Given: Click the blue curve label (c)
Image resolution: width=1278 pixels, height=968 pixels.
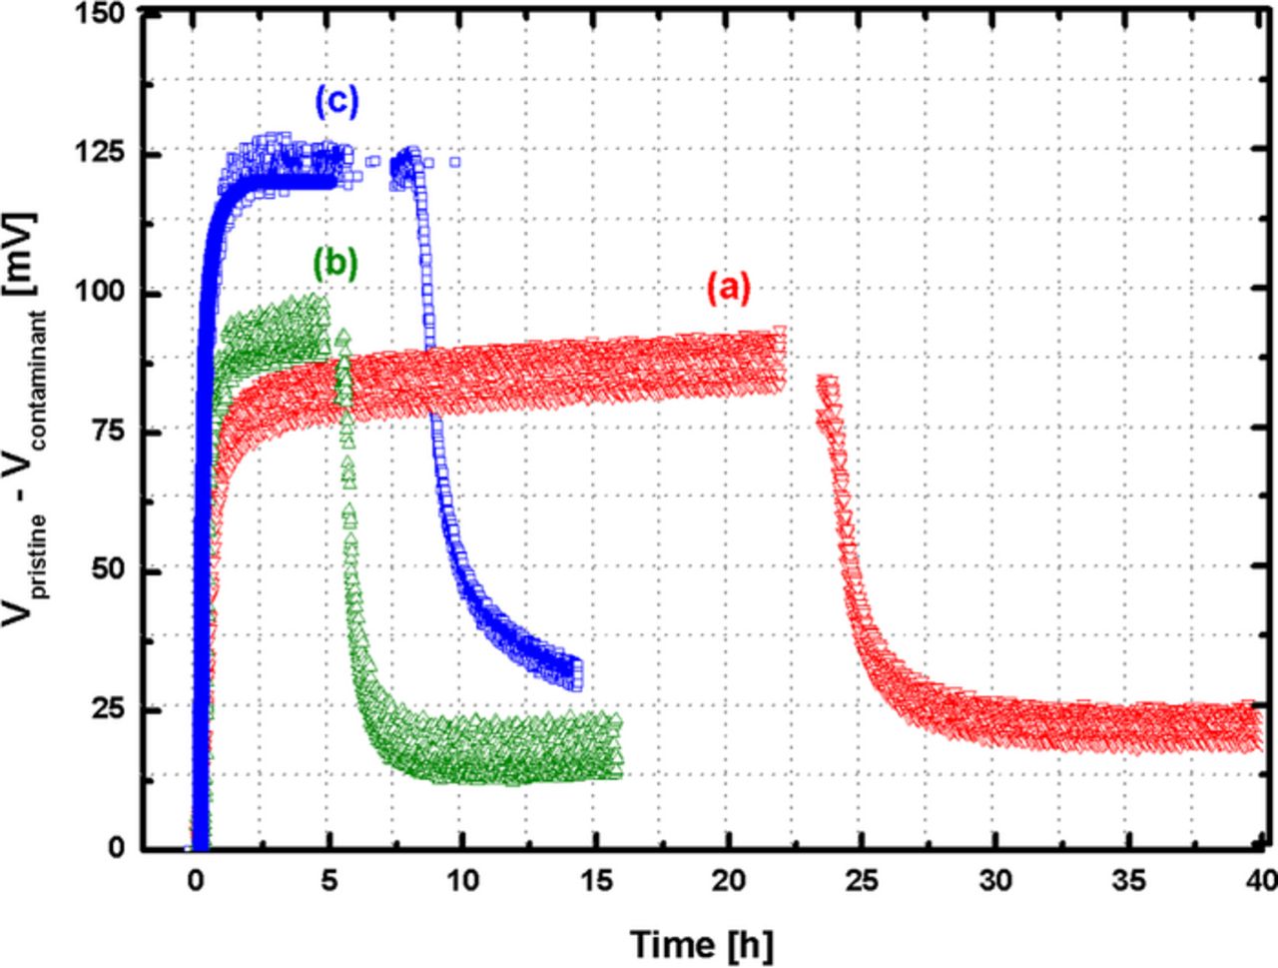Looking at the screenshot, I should click(x=336, y=102).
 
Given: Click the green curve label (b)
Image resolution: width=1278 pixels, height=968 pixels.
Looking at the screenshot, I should click(x=334, y=264).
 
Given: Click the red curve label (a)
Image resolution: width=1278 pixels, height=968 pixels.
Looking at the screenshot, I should click(x=727, y=289).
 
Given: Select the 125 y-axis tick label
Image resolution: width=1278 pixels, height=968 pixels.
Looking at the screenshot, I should click(x=108, y=154).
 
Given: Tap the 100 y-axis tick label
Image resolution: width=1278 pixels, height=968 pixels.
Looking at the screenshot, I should click(x=108, y=293).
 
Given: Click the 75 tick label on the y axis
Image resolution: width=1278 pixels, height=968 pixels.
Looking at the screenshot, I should click(x=114, y=432).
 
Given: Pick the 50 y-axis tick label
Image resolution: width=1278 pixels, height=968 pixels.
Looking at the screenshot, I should click(x=114, y=570).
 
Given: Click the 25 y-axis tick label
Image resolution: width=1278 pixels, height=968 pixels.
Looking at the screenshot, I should click(x=114, y=709).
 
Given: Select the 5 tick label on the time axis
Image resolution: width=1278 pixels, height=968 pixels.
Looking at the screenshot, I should click(x=328, y=881).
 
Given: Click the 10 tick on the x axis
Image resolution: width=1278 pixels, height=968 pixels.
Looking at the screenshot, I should click(x=461, y=881).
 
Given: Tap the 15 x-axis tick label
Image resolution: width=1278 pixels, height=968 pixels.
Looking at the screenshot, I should click(x=595, y=881).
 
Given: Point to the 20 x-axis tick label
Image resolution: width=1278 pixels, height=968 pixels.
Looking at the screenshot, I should click(x=729, y=881).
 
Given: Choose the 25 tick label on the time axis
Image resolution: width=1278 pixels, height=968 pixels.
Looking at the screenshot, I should click(x=862, y=881).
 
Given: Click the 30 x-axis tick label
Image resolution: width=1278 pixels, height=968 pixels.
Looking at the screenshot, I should click(x=995, y=881).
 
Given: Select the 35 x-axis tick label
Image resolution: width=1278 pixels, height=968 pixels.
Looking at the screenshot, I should click(x=1129, y=881).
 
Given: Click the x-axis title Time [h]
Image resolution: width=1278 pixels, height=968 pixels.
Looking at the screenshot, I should click(x=701, y=943).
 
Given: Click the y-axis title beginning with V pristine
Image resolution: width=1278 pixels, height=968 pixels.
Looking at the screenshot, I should click(x=33, y=420).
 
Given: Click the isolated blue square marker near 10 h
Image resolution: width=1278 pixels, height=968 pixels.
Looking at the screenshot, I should click(x=455, y=161).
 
